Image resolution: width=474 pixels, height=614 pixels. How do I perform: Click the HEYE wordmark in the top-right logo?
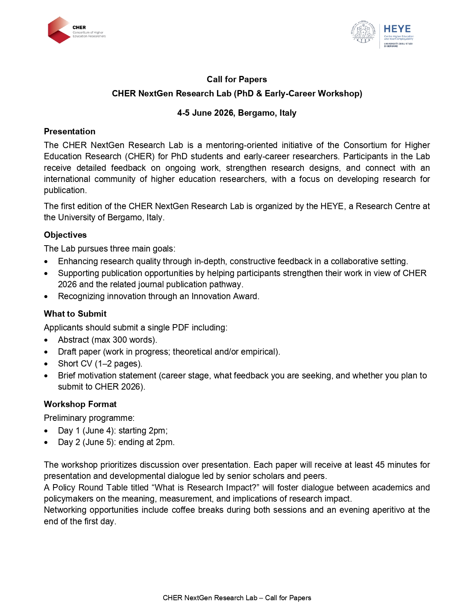[397, 29]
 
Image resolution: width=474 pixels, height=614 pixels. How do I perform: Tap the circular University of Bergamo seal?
[363, 32]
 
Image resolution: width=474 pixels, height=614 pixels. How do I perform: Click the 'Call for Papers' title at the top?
[237, 79]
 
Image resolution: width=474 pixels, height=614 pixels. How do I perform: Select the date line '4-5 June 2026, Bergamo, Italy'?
[237, 113]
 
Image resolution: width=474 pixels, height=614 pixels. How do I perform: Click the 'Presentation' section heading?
[70, 131]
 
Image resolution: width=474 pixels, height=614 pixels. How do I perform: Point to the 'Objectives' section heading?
[65, 235]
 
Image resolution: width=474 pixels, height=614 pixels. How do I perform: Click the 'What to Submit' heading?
[75, 314]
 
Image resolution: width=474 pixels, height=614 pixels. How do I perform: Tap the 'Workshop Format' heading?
[80, 404]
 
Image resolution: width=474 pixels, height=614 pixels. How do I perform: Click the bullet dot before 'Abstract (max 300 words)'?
[46, 340]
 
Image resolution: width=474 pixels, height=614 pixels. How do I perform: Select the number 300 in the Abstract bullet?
[120, 340]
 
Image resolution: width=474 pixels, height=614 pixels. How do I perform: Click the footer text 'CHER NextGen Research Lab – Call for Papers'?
[237, 598]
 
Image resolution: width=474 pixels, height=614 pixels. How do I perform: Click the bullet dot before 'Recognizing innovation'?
[46, 297]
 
